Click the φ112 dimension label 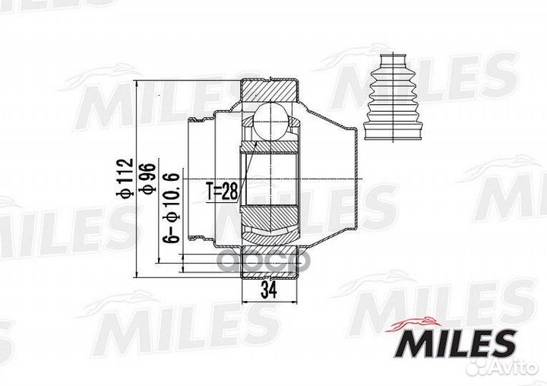(x=125, y=179)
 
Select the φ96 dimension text (x=147, y=178)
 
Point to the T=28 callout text (x=222, y=191)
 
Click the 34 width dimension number (x=269, y=289)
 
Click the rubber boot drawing (x=394, y=97)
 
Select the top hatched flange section (x=269, y=91)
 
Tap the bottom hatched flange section (x=270, y=261)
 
